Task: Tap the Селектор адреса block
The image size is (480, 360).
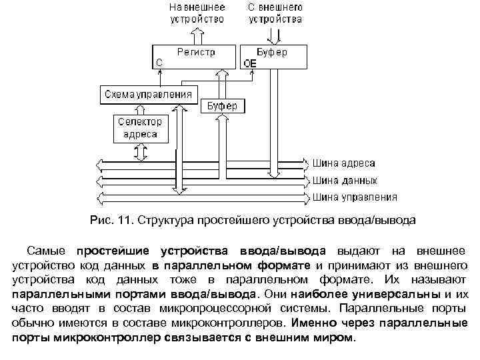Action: [141, 127]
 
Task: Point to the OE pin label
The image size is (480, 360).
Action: [251, 63]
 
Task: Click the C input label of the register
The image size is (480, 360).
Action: [159, 63]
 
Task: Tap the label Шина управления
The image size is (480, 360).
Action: [355, 197]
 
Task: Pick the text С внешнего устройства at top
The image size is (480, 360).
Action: [275, 13]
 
